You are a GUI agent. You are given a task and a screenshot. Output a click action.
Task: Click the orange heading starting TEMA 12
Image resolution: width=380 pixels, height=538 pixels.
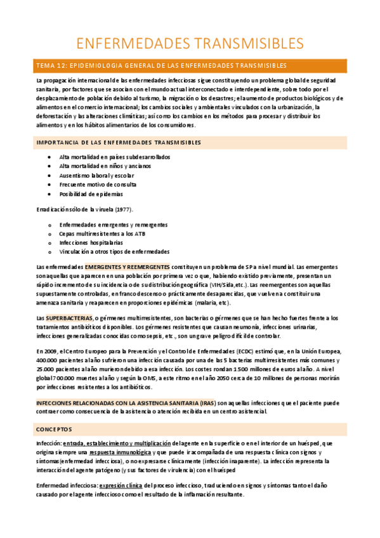coord(162,65)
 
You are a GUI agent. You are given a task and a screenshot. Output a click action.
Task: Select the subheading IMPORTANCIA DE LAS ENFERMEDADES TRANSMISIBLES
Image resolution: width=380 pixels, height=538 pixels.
coord(119,142)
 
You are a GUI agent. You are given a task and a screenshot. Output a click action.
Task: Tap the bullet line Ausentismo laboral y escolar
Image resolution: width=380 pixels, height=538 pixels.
coord(93,175)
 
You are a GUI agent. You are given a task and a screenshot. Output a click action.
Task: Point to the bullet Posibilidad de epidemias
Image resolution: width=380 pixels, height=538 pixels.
coord(91,194)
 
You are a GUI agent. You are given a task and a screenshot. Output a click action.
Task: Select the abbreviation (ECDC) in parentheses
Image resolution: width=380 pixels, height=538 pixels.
coord(265,351)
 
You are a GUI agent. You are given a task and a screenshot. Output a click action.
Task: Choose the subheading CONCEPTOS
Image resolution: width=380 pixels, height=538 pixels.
coord(54,429)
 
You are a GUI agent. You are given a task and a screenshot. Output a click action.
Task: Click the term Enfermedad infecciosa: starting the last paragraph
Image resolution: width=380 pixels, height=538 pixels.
coord(62,486)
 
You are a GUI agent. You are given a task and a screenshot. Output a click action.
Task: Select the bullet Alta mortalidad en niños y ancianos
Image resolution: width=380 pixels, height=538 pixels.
coord(102,166)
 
